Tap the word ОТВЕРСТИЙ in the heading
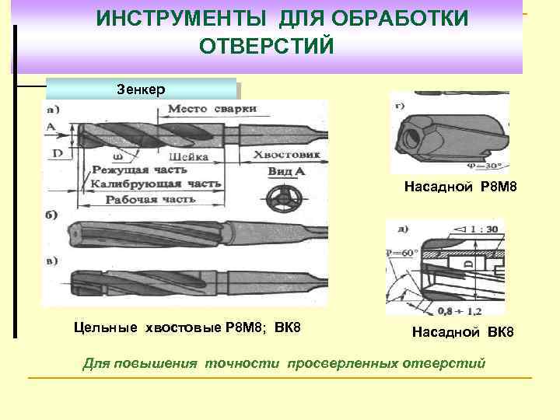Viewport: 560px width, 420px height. point(266,46)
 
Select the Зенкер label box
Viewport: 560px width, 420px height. point(141,88)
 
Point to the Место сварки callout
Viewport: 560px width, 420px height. point(212,109)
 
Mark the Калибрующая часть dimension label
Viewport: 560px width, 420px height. point(155,184)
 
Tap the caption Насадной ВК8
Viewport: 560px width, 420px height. point(463,333)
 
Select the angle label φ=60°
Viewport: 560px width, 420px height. point(404,254)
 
